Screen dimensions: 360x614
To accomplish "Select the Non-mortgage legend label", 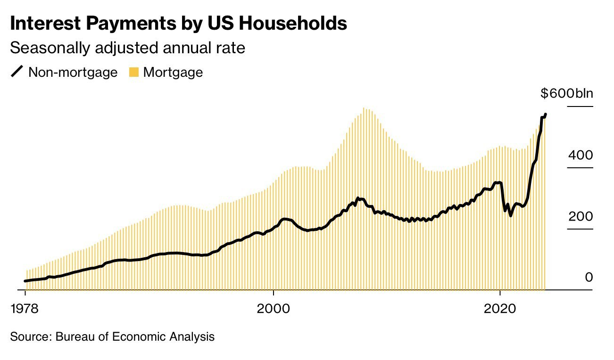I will [x=73, y=72].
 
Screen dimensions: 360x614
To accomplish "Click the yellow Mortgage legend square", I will [x=134, y=72].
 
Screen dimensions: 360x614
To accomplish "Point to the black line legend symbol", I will [x=17, y=72].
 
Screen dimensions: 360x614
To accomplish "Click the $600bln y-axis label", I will [x=566, y=93].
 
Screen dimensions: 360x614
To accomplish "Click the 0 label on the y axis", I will [x=589, y=278].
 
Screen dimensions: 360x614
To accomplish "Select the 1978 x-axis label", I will [x=25, y=309].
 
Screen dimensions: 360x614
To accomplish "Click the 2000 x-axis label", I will [x=274, y=309].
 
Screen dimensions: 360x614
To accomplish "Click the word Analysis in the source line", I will [x=194, y=337].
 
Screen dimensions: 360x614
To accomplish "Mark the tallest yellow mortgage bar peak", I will [x=364, y=108].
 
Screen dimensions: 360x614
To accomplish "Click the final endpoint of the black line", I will [x=546, y=114].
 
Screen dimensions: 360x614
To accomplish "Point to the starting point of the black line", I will [x=25, y=281].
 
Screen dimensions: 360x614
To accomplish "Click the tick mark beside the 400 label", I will [x=580, y=168].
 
